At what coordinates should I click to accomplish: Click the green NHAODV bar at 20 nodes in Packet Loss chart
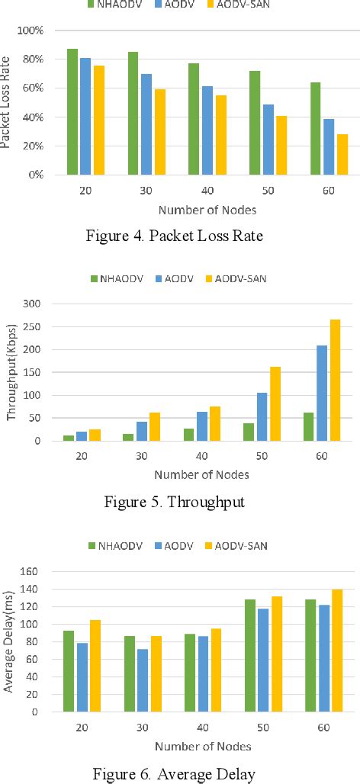[x=72, y=111]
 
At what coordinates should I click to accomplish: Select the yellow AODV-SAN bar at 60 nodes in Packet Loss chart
[x=342, y=154]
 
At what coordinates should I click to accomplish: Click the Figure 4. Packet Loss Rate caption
[x=180, y=236]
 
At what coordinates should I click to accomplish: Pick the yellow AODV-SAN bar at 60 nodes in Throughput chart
[x=335, y=380]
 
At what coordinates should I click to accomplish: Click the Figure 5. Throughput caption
[x=180, y=502]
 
